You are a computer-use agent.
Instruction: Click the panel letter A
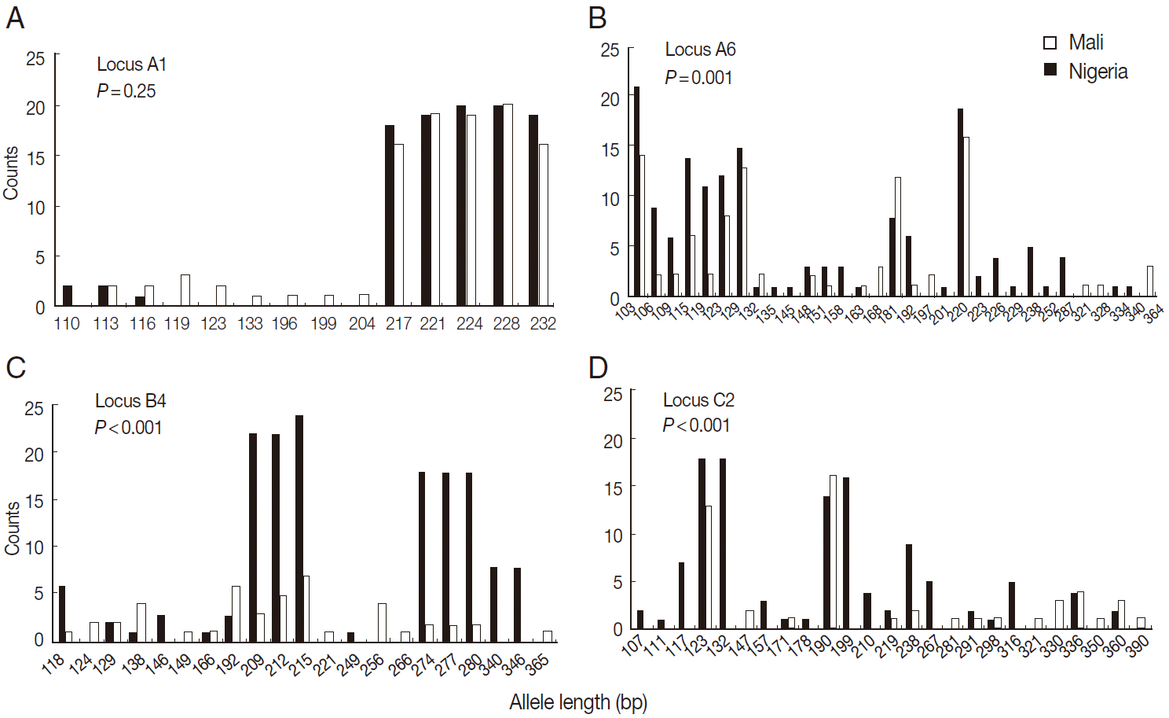point(15,17)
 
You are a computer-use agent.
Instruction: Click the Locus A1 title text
point(131,64)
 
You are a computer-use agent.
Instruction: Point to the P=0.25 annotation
point(126,91)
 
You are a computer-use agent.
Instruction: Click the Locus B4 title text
point(130,401)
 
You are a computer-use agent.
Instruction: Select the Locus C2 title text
point(698,400)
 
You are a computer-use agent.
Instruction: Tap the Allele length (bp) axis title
point(578,702)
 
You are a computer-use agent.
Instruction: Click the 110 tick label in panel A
point(67,324)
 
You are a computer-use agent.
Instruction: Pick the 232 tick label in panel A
point(543,324)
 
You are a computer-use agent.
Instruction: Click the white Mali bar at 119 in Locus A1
point(185,290)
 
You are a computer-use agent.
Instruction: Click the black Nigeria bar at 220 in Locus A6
point(960,202)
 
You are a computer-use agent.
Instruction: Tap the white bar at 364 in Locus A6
point(1150,281)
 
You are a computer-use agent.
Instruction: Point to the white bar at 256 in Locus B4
point(382,623)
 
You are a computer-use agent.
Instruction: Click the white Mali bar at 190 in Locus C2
point(833,551)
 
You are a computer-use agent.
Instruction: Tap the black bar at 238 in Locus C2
point(909,586)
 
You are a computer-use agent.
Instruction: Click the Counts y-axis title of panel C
point(12,528)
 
